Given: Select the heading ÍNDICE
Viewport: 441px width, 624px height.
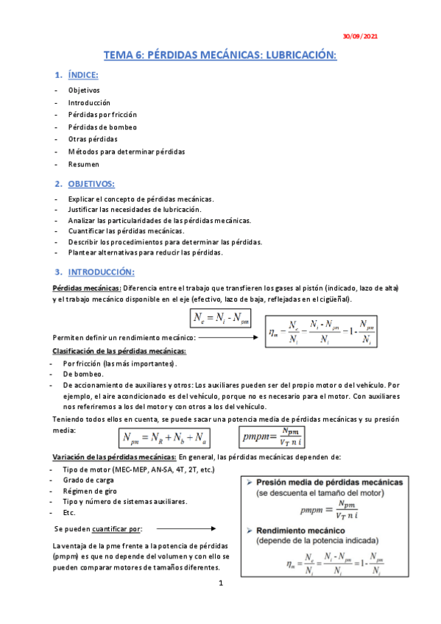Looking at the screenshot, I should [x=83, y=76].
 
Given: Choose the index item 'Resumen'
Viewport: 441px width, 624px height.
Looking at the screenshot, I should [x=83, y=164].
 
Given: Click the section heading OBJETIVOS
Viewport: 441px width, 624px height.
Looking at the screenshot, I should [x=91, y=183].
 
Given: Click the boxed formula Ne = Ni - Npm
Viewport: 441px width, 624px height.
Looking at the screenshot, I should [x=220, y=318].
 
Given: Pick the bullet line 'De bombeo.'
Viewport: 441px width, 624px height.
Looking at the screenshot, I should [x=84, y=375].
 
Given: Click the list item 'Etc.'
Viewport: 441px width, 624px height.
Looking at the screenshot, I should [x=71, y=512].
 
